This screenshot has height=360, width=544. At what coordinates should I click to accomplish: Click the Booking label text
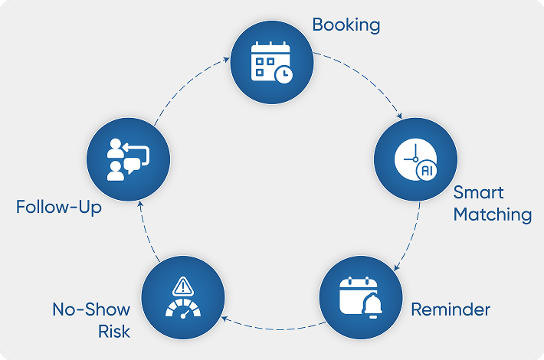(x=346, y=25)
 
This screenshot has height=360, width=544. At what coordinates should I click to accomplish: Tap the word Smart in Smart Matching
(x=478, y=192)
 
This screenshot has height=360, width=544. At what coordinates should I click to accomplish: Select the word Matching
(x=492, y=214)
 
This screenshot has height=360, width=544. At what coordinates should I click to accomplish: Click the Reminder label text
(x=450, y=310)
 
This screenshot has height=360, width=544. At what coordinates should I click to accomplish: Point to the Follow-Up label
(x=59, y=208)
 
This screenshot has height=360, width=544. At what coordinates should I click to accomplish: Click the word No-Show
(x=91, y=310)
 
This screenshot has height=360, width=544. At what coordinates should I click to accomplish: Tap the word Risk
(x=113, y=332)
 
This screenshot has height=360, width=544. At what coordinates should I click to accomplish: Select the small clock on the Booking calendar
(x=283, y=74)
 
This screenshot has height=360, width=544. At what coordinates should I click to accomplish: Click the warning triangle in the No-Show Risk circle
(x=182, y=286)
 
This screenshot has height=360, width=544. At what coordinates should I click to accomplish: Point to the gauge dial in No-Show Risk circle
(x=182, y=309)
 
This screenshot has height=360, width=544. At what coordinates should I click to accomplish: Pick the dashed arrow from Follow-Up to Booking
(x=188, y=84)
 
